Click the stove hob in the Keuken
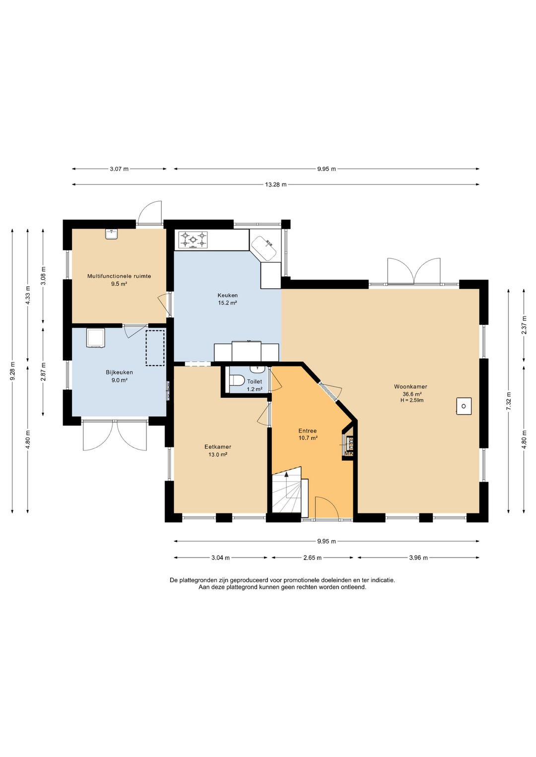pyautogui.click(x=193, y=240)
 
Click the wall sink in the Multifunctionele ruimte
pyautogui.click(x=111, y=234)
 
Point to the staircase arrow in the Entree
pyautogui.click(x=287, y=485)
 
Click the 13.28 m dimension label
pyautogui.click(x=275, y=185)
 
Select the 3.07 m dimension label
pyautogui.click(x=119, y=169)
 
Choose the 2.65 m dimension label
pyautogui.click(x=312, y=558)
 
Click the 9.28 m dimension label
pyautogui.click(x=12, y=371)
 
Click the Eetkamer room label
pyautogui.click(x=218, y=447)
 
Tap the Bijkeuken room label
pyautogui.click(x=119, y=373)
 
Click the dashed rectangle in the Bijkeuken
pyautogui.click(x=155, y=348)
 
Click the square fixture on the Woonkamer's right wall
pyautogui.click(x=464, y=406)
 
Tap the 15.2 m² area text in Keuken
pyautogui.click(x=227, y=303)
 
